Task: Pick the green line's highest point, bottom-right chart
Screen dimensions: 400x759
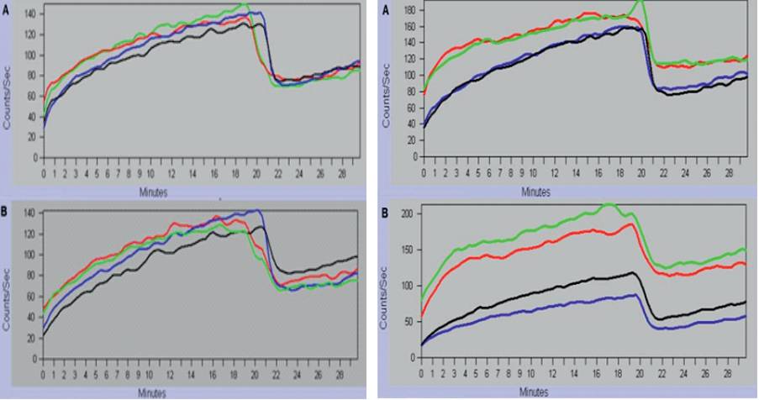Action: pyautogui.click(x=609, y=203)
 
